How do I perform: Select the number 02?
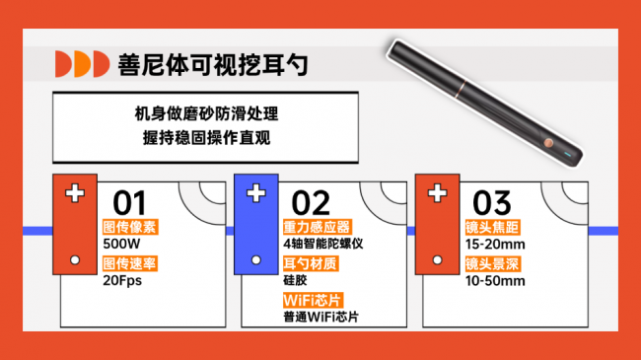pyautogui.click(x=311, y=202)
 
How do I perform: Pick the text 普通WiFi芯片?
pyautogui.click(x=320, y=317)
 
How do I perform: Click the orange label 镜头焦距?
pyautogui.click(x=489, y=227)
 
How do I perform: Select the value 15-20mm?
pyautogui.click(x=494, y=243)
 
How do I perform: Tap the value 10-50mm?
pyautogui.click(x=495, y=280)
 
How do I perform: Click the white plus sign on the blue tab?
pyautogui.click(x=255, y=192)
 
